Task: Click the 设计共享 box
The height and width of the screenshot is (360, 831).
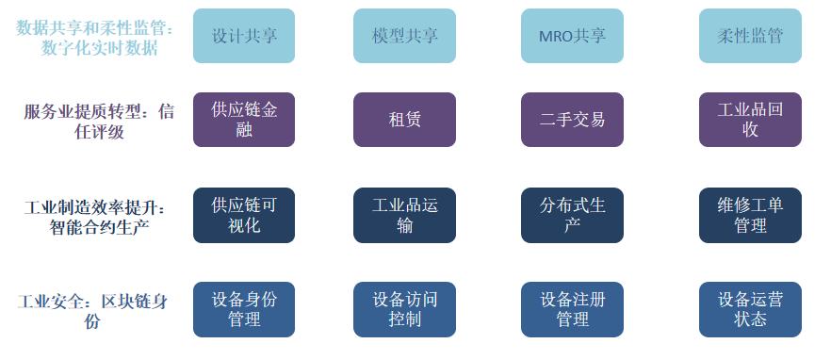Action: coord(244,36)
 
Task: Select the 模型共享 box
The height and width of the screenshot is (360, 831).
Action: coord(404,36)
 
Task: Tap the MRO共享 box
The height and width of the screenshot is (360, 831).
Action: coord(572,36)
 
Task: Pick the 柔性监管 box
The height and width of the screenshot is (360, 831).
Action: coord(750,36)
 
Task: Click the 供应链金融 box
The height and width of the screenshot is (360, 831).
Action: coord(244,120)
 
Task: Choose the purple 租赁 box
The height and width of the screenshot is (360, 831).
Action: coord(404,120)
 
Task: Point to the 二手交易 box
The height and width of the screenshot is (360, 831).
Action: coord(572,120)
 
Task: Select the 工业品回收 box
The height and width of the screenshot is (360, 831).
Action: coord(750,120)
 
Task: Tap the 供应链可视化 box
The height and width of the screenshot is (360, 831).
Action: coord(244,215)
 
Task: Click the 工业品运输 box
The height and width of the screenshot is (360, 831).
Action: coord(404,215)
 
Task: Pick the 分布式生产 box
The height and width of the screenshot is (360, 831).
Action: coord(572,215)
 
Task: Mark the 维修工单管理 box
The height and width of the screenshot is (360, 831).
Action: coord(750,215)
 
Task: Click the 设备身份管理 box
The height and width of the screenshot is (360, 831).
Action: coord(244,309)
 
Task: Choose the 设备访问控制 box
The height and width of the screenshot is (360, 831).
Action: coord(404,309)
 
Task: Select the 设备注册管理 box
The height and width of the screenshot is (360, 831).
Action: coord(572,309)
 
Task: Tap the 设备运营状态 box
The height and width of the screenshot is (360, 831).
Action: coord(750,309)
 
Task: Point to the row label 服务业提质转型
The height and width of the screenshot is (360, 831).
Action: coord(99,122)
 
